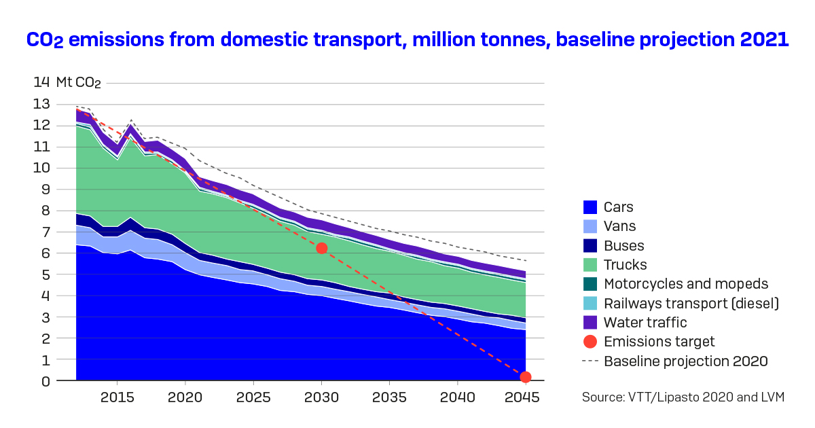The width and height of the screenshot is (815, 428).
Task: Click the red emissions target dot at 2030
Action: point(322,248)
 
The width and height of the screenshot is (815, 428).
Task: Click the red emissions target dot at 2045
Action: point(525,377)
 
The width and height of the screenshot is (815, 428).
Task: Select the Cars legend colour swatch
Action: point(589,208)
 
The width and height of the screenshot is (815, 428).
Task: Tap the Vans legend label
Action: point(619,227)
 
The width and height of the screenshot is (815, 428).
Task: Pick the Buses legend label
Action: point(623,246)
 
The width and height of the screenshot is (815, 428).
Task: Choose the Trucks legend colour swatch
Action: point(589,265)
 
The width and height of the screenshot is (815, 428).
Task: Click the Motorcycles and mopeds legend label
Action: point(686,284)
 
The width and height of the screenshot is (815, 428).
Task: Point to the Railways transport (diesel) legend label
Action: point(691,304)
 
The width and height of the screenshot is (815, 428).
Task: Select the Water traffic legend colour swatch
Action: point(589,323)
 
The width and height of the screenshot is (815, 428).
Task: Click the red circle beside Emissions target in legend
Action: point(589,342)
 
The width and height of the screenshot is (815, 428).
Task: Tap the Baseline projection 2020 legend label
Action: point(686,361)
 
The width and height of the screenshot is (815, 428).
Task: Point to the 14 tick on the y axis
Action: point(41,82)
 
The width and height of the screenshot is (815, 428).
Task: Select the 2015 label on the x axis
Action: point(117,397)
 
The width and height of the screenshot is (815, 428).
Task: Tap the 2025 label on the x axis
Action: point(253,397)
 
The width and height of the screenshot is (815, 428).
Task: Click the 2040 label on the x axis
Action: point(457,397)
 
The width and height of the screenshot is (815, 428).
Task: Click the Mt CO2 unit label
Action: point(79,83)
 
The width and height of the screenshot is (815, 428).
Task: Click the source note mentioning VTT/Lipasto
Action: point(683,397)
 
